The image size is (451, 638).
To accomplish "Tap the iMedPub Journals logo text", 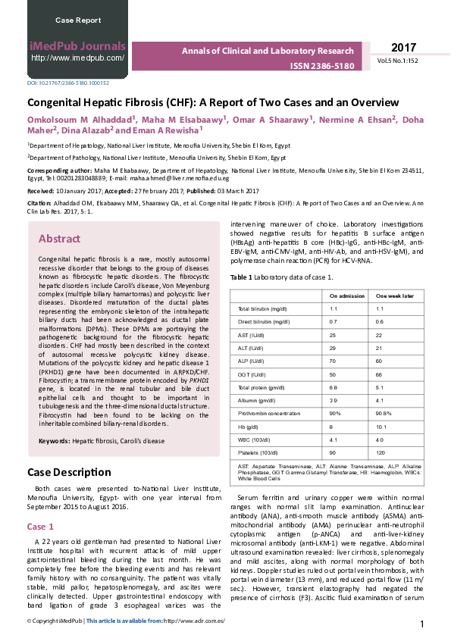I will coord(77,45).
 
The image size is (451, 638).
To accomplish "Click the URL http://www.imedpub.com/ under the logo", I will coord(77,58).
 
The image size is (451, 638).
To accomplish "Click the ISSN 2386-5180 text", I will coord(321,66).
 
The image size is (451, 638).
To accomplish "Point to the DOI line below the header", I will coord(68,83).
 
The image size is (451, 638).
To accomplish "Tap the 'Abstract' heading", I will coord(59,239).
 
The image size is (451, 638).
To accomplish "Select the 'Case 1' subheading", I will coord(40,526).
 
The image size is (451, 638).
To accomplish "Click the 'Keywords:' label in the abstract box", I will coord(54,439).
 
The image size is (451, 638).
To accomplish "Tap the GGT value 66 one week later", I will coord(380,374).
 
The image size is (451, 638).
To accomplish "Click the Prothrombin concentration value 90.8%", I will coord(384,412).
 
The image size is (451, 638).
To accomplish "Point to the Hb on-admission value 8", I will coord(331,426).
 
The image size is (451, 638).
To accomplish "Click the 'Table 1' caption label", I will coord(240,277).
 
